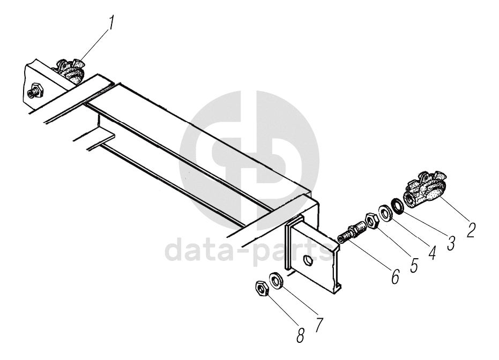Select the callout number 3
451,243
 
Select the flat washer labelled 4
384,213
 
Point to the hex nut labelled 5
370,220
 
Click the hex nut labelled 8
262,290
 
